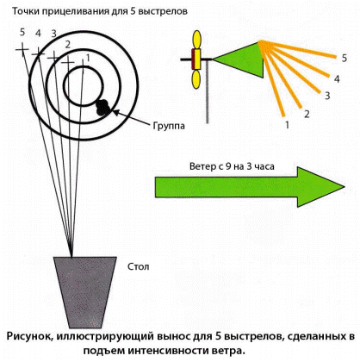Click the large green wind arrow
(x=250, y=187)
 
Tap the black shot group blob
(x=102, y=108)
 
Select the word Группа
(x=169, y=126)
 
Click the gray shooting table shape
(x=85, y=292)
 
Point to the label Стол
(x=139, y=266)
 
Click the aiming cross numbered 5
(x=22, y=49)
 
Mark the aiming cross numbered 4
(x=38, y=53)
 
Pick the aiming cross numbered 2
(x=68, y=62)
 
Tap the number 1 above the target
(x=88, y=58)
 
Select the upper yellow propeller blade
(x=197, y=40)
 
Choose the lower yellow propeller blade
(x=196, y=79)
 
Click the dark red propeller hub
(x=193, y=59)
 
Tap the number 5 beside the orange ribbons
(x=344, y=59)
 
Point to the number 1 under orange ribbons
(x=287, y=125)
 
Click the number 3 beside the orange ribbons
(x=327, y=96)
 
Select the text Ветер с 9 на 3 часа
(x=232, y=166)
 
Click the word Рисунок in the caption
(x=28, y=336)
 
